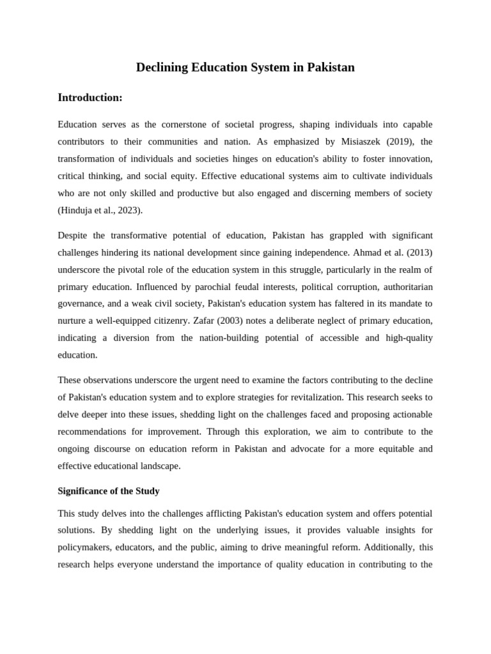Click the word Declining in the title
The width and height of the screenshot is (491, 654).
pyautogui.click(x=160, y=67)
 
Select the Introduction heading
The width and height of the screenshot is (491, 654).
pyautogui.click(x=90, y=98)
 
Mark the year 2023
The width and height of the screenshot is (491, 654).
pyautogui.click(x=128, y=210)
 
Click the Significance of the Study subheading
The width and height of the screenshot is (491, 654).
pyautogui.click(x=109, y=491)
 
